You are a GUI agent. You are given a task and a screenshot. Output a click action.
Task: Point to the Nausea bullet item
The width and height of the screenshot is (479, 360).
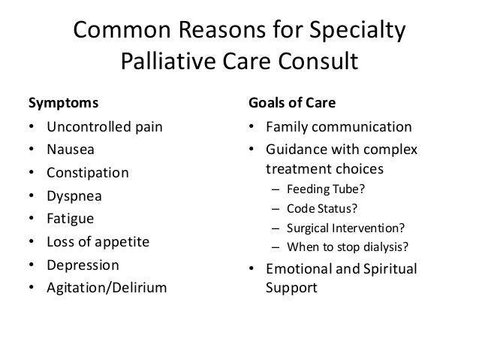(x=68, y=149)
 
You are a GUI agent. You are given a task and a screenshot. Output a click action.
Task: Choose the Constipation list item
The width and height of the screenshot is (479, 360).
(x=87, y=173)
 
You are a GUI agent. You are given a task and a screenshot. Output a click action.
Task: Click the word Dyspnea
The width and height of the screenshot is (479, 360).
(x=74, y=197)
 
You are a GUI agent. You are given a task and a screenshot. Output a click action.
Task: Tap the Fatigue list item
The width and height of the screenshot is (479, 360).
(x=70, y=220)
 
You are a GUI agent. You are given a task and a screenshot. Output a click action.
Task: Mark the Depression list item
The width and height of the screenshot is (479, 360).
(x=82, y=265)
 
